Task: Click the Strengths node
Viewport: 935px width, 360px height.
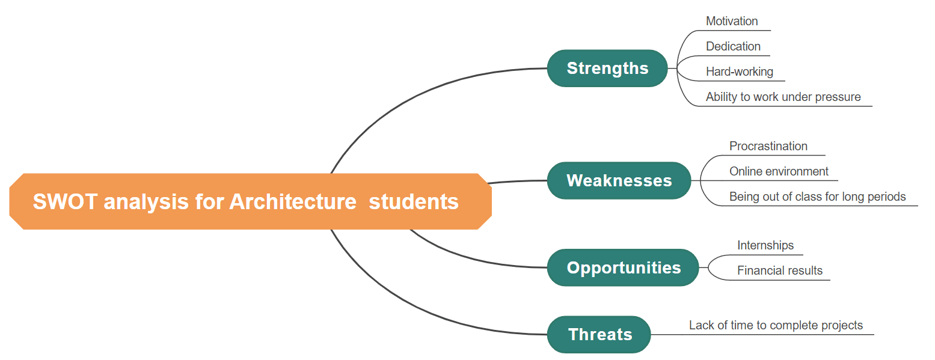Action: [x=607, y=69]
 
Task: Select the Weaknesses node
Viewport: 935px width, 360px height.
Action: [x=619, y=181]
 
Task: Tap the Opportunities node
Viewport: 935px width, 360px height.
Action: [x=623, y=268]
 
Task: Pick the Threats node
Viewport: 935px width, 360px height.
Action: [x=599, y=335]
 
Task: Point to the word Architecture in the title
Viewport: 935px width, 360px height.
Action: [x=293, y=202]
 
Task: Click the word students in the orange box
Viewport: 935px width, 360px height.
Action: [x=414, y=202]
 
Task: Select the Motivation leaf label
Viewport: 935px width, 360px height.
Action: [x=732, y=21]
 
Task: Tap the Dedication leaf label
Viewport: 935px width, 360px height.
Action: [x=733, y=46]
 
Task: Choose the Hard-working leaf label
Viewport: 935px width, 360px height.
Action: [x=739, y=72]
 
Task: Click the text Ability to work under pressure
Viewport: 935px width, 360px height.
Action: [x=783, y=97]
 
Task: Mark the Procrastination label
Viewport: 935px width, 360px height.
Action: [x=768, y=146]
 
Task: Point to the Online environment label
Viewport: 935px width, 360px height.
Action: [x=779, y=171]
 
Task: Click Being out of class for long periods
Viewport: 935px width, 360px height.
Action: [x=817, y=197]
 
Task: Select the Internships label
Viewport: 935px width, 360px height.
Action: [x=765, y=245]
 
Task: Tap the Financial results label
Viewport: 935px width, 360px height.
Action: [x=780, y=270]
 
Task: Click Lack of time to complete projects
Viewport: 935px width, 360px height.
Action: [x=776, y=325]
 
